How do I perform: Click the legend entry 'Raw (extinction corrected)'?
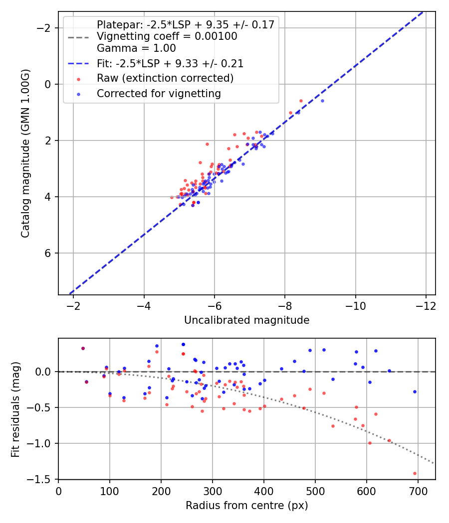165,78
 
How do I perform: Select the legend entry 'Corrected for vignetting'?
159,93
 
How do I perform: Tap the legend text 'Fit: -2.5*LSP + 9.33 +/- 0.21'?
170,64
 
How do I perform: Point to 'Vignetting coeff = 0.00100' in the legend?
167,36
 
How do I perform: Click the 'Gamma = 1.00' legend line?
136,48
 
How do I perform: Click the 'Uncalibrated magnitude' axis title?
246,320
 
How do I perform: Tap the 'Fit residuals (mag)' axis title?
15,408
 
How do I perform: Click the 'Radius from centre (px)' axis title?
246,506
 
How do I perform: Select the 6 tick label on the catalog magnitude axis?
48,254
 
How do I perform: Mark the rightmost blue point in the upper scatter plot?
322,101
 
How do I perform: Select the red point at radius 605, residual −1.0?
370,443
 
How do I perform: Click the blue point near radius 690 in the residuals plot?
415,392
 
